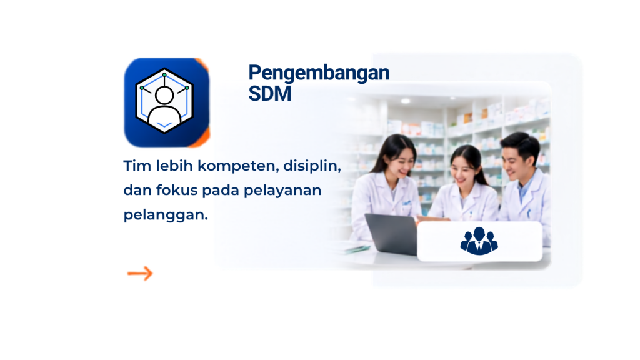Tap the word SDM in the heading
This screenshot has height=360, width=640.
click(x=270, y=94)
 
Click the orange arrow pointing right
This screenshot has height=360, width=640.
click(x=140, y=274)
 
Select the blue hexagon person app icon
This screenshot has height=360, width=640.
click(x=167, y=102)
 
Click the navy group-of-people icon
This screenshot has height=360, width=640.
click(x=479, y=241)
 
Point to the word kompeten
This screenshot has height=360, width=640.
click(x=238, y=166)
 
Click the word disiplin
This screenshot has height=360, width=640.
click(x=312, y=166)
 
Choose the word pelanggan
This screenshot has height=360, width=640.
click(x=166, y=216)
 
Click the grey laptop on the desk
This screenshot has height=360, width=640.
click(x=392, y=234)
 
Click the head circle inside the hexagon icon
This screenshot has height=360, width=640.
click(x=164, y=96)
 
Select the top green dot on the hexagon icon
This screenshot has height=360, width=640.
click(x=164, y=75)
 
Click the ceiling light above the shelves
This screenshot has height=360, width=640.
click(x=405, y=101)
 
